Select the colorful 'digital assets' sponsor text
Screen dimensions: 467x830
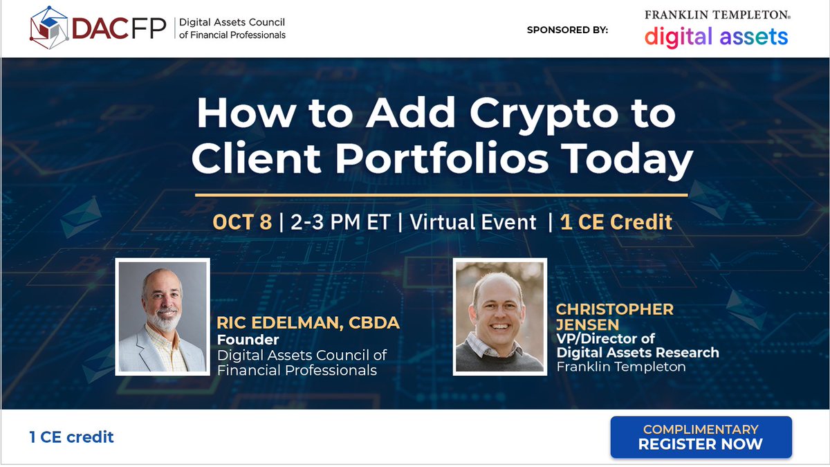[716, 36]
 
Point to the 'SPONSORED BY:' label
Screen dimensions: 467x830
[567, 30]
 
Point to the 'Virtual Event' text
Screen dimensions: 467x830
[473, 222]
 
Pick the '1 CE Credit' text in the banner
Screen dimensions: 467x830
[616, 222]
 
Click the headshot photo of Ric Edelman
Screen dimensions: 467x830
[163, 316]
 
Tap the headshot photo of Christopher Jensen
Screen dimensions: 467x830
[499, 316]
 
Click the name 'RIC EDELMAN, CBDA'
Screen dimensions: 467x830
[308, 323]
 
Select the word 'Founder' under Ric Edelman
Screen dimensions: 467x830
[248, 340]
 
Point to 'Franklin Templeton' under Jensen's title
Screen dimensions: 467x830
[620, 367]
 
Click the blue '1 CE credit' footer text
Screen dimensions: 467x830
[71, 437]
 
